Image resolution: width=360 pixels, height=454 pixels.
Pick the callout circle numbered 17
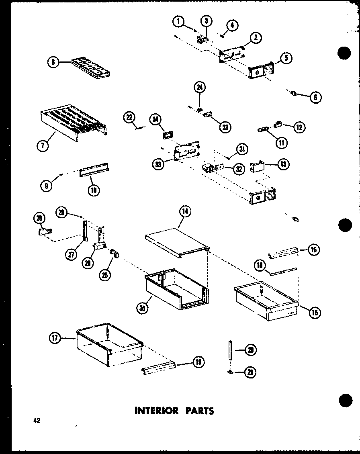point(54,339)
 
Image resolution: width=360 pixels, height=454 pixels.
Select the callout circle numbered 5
point(286,58)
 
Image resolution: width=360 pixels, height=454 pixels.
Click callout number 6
point(316,97)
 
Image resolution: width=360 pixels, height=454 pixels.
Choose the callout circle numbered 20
point(250,350)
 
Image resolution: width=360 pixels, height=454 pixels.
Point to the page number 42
point(37,421)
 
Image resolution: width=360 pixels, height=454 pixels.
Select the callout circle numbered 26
point(39,218)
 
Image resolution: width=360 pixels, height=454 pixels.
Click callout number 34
point(155,119)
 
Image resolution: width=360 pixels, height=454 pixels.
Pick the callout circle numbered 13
point(283,164)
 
